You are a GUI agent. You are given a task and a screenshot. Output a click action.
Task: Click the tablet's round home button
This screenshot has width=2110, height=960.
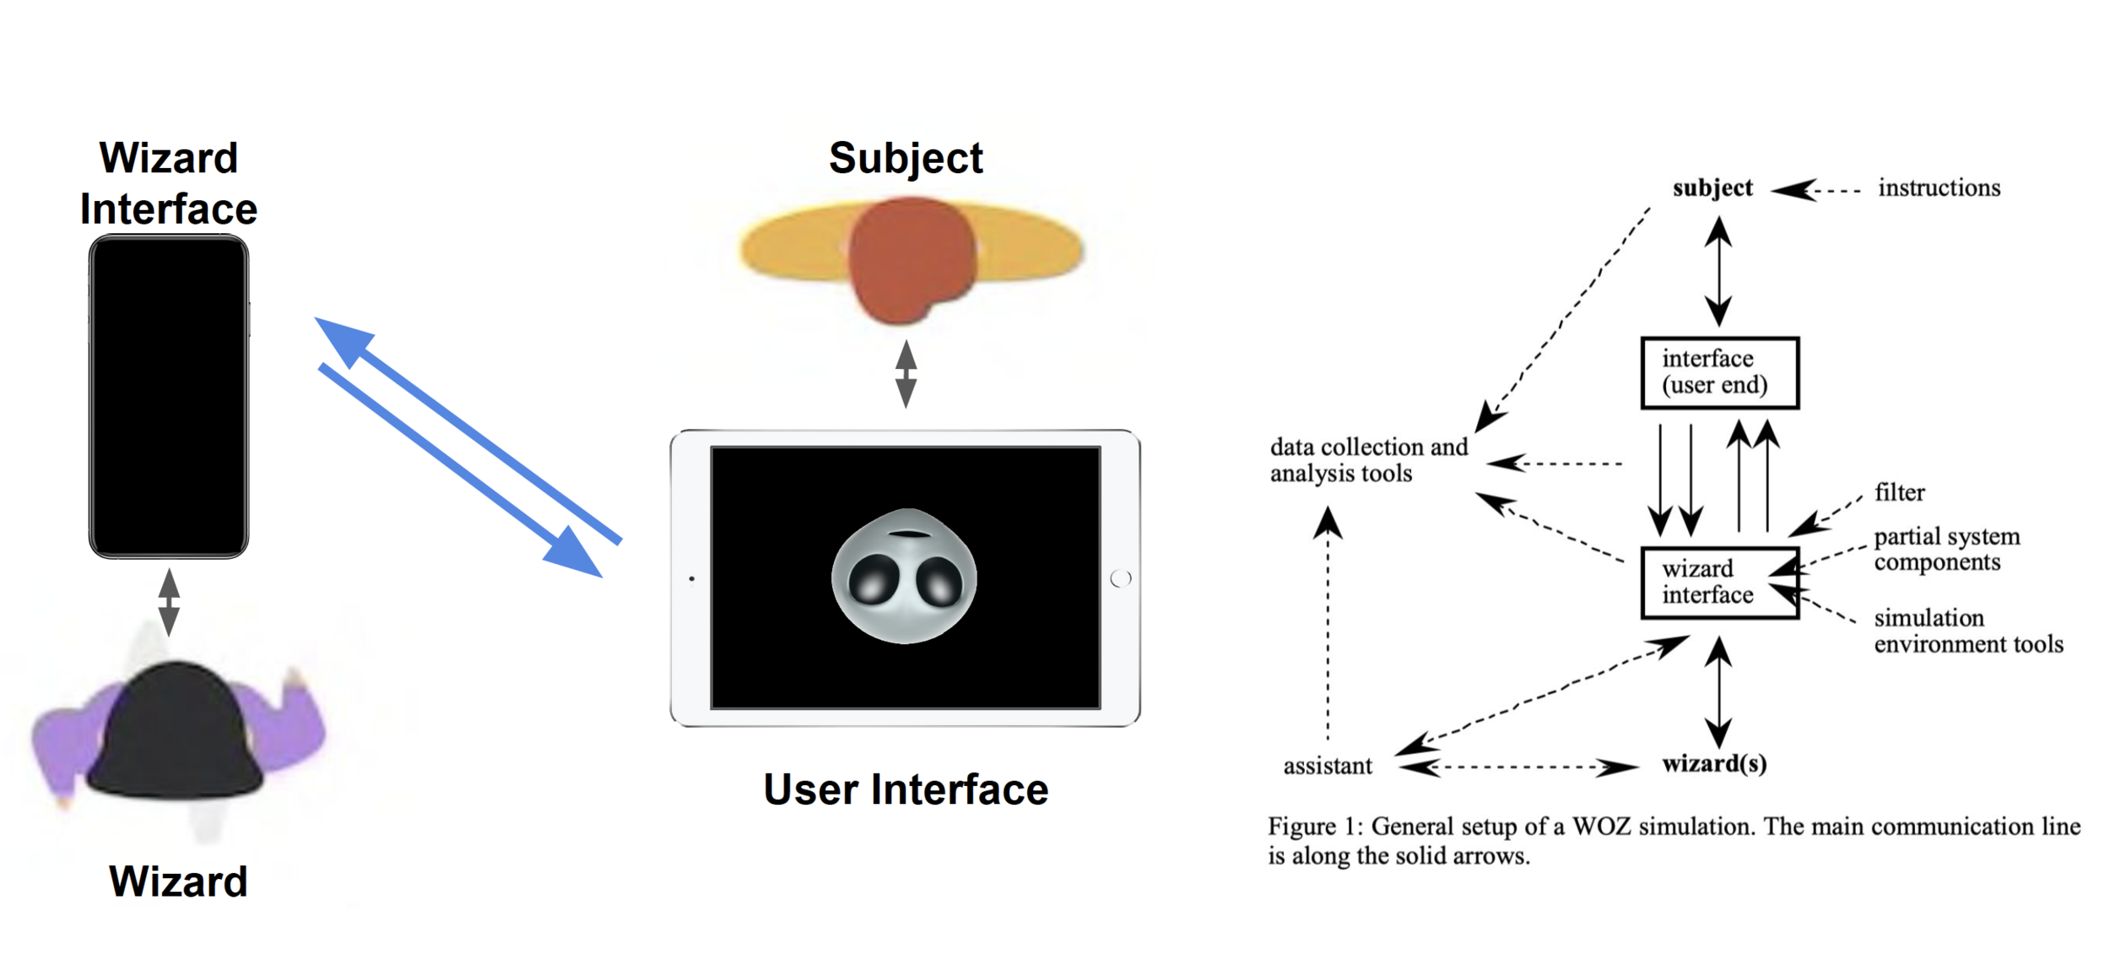click(x=1121, y=578)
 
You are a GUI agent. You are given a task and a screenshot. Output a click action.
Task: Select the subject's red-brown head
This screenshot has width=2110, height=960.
click(x=911, y=258)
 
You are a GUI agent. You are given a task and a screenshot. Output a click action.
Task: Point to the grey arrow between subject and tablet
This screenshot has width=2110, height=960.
click(x=906, y=374)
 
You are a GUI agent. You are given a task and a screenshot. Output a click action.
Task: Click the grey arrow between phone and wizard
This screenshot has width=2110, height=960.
click(x=169, y=602)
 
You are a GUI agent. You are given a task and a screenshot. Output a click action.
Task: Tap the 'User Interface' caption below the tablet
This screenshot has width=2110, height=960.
click(x=906, y=789)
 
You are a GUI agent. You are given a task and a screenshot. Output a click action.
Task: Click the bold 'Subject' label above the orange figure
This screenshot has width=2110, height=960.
click(x=906, y=158)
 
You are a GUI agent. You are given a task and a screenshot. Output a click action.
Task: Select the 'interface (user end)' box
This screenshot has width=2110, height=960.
click(x=1719, y=372)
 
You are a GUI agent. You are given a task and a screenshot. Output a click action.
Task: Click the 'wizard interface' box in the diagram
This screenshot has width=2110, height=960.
click(x=1719, y=583)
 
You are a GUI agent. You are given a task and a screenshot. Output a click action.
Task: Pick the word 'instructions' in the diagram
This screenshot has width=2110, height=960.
click(x=1939, y=188)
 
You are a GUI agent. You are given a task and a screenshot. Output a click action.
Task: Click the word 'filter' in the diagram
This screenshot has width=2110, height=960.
click(x=1899, y=492)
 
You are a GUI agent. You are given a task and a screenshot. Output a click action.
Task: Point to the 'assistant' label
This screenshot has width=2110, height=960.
click(x=1327, y=766)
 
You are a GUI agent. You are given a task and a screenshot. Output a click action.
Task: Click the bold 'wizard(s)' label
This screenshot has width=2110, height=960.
click(x=1714, y=764)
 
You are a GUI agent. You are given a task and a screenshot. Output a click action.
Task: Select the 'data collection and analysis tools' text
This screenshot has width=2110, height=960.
click(x=1367, y=460)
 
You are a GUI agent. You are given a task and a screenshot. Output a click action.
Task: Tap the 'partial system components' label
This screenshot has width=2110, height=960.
click(x=1946, y=550)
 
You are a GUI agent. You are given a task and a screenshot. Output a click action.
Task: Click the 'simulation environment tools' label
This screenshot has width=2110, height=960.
click(x=1967, y=631)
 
